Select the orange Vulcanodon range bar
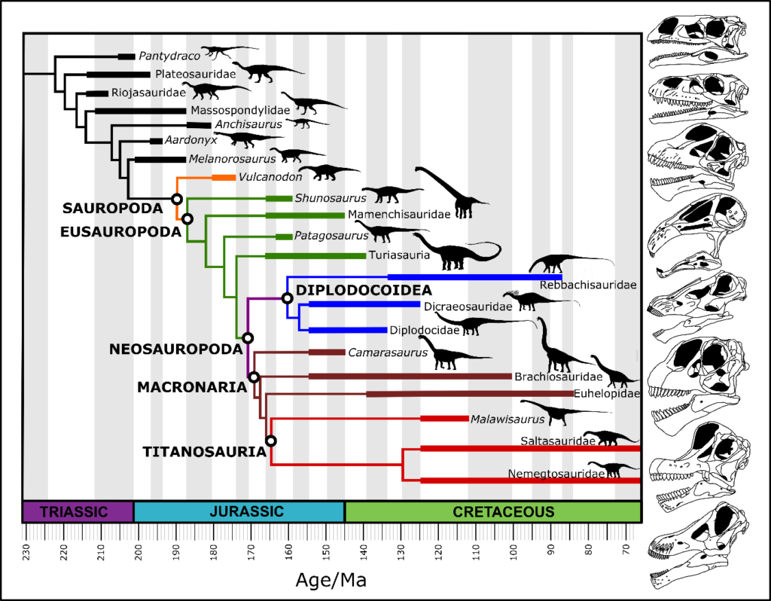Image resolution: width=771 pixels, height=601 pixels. (224, 178)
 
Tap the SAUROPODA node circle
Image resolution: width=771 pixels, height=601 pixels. (176, 199)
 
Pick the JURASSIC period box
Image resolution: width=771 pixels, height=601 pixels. (239, 512)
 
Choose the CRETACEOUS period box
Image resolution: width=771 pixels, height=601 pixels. (493, 512)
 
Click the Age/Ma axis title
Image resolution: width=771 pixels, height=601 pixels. (331, 581)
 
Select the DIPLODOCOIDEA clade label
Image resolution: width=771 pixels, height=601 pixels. (364, 291)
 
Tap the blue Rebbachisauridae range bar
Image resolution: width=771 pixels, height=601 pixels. (474, 277)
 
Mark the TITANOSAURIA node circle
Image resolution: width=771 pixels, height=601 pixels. (271, 441)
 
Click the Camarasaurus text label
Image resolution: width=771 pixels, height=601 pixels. (387, 352)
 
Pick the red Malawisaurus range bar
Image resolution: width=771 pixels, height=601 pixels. (444, 419)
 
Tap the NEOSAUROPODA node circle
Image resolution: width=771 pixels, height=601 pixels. (248, 338)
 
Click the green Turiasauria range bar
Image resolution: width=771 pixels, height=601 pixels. (315, 256)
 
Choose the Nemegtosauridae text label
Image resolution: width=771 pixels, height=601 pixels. (556, 474)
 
